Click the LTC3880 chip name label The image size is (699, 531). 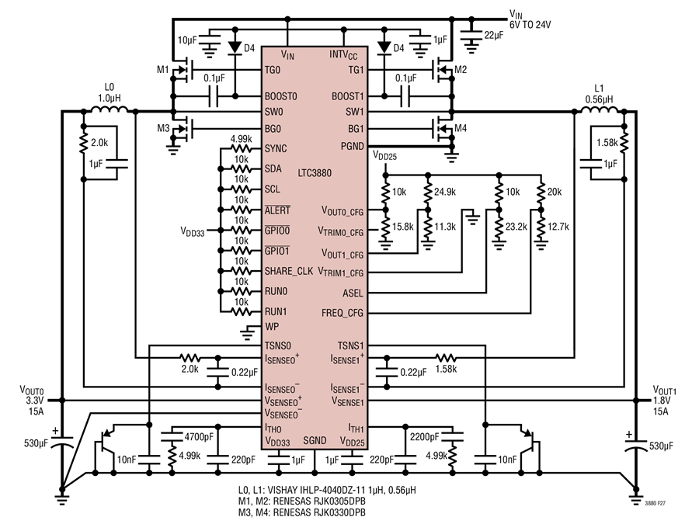pyautogui.click(x=315, y=173)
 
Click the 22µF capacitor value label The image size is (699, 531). pyautogui.click(x=493, y=35)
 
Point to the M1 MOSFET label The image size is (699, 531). pyautogui.click(x=163, y=70)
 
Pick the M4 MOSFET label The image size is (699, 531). pyautogui.click(x=461, y=128)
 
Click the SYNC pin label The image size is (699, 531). pyautogui.click(x=276, y=148)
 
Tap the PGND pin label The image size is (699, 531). pyautogui.click(x=352, y=146)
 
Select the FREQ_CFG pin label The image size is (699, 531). pyautogui.click(x=343, y=313)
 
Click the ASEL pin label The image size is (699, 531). pyautogui.click(x=353, y=293)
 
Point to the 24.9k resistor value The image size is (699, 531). pyautogui.click(x=445, y=192)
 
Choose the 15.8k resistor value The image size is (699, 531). pyautogui.click(x=402, y=227)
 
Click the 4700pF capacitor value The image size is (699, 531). pyautogui.click(x=199, y=437)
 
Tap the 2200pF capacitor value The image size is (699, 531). pyautogui.click(x=424, y=437)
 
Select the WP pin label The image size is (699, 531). pyautogui.click(x=272, y=327)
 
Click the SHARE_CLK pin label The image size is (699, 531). pyautogui.click(x=289, y=271)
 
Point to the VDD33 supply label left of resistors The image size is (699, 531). pyautogui.click(x=193, y=231)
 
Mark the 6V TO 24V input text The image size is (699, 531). pyautogui.click(x=530, y=25)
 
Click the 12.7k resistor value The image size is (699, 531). pyautogui.click(x=558, y=227)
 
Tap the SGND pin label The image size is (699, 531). pyautogui.click(x=315, y=440)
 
